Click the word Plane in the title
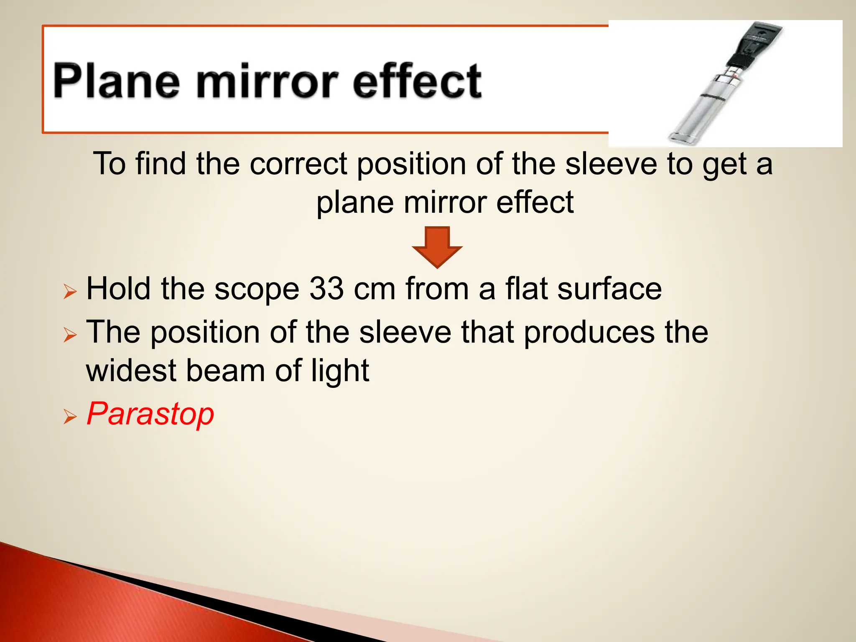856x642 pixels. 117,81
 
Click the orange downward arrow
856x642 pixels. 437,247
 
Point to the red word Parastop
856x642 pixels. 150,414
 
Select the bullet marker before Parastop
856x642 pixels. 70,417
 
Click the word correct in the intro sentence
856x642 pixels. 298,163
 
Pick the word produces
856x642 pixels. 589,332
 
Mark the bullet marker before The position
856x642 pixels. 70,335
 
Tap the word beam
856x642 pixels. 225,371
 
